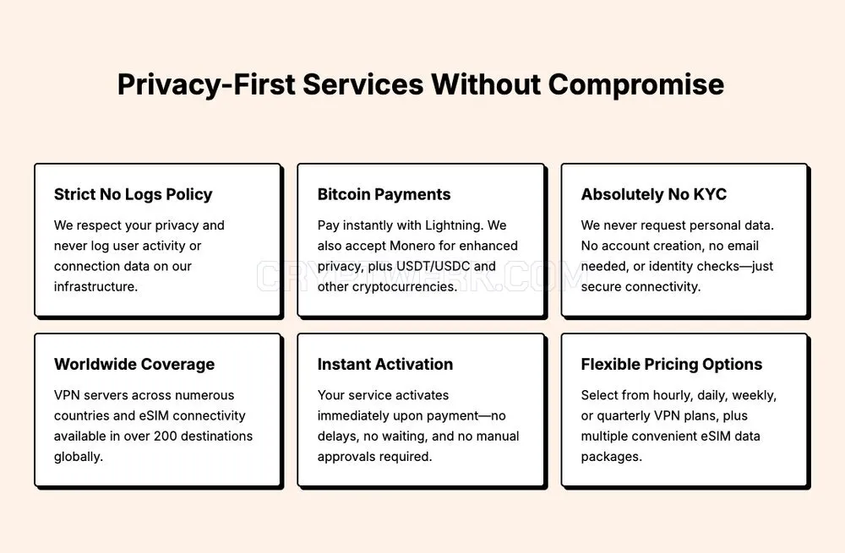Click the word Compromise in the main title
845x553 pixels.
636,84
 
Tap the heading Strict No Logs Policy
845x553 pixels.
134,194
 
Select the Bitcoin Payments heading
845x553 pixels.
384,194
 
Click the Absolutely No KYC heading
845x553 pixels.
654,194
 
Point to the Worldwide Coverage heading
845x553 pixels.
134,365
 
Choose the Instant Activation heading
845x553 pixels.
384,365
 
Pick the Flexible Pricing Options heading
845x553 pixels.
672,365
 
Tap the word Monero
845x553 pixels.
412,246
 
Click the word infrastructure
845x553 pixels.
96,287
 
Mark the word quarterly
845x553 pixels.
623,416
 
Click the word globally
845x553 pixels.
78,457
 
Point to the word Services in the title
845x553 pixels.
363,84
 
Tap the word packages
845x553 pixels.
612,457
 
